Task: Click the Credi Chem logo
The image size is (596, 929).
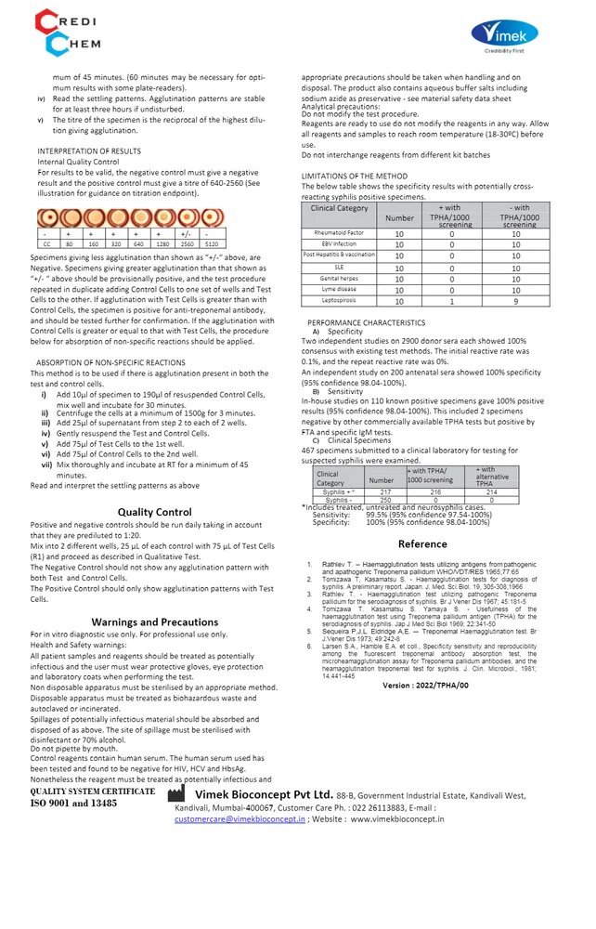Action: tap(69, 31)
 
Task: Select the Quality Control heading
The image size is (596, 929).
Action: tap(154, 512)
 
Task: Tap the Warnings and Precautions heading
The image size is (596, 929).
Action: tap(155, 622)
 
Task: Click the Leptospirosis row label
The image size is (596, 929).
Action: tap(339, 300)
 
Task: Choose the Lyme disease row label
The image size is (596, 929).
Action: tap(339, 289)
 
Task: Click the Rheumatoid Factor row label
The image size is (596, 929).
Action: tap(339, 232)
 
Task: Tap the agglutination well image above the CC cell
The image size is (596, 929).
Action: tap(46, 219)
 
